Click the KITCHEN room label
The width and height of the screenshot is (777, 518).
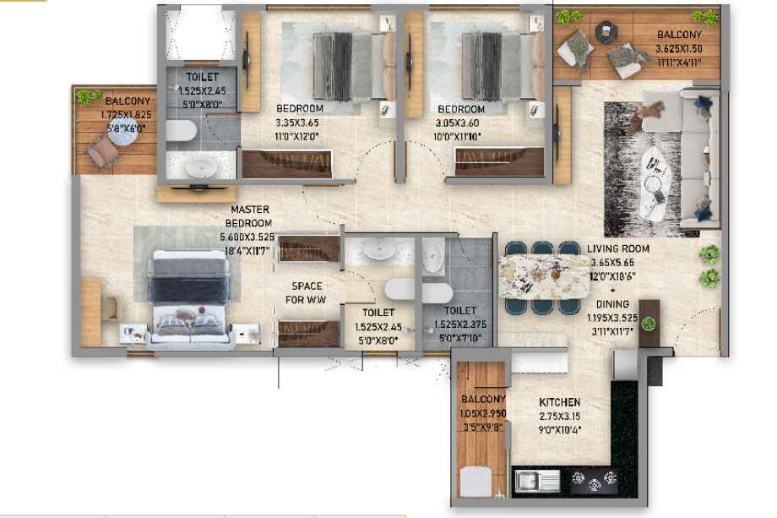559,402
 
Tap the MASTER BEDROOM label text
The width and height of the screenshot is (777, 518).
249,216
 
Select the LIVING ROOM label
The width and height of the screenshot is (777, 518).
618,248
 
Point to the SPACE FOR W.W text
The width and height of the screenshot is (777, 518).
307,293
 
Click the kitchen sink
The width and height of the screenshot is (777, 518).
537,481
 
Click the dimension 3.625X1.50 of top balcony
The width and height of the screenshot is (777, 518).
679,49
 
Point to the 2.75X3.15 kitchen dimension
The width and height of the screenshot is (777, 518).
559,417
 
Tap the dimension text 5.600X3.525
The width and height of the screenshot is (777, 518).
247,237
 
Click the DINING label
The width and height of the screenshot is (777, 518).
612,304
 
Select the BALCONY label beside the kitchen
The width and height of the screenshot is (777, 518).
483,399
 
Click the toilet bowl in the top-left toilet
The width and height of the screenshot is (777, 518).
181,131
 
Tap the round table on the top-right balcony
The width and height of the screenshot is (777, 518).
606,30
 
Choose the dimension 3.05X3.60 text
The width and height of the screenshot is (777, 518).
457,123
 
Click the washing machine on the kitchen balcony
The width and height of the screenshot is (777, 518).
475,482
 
